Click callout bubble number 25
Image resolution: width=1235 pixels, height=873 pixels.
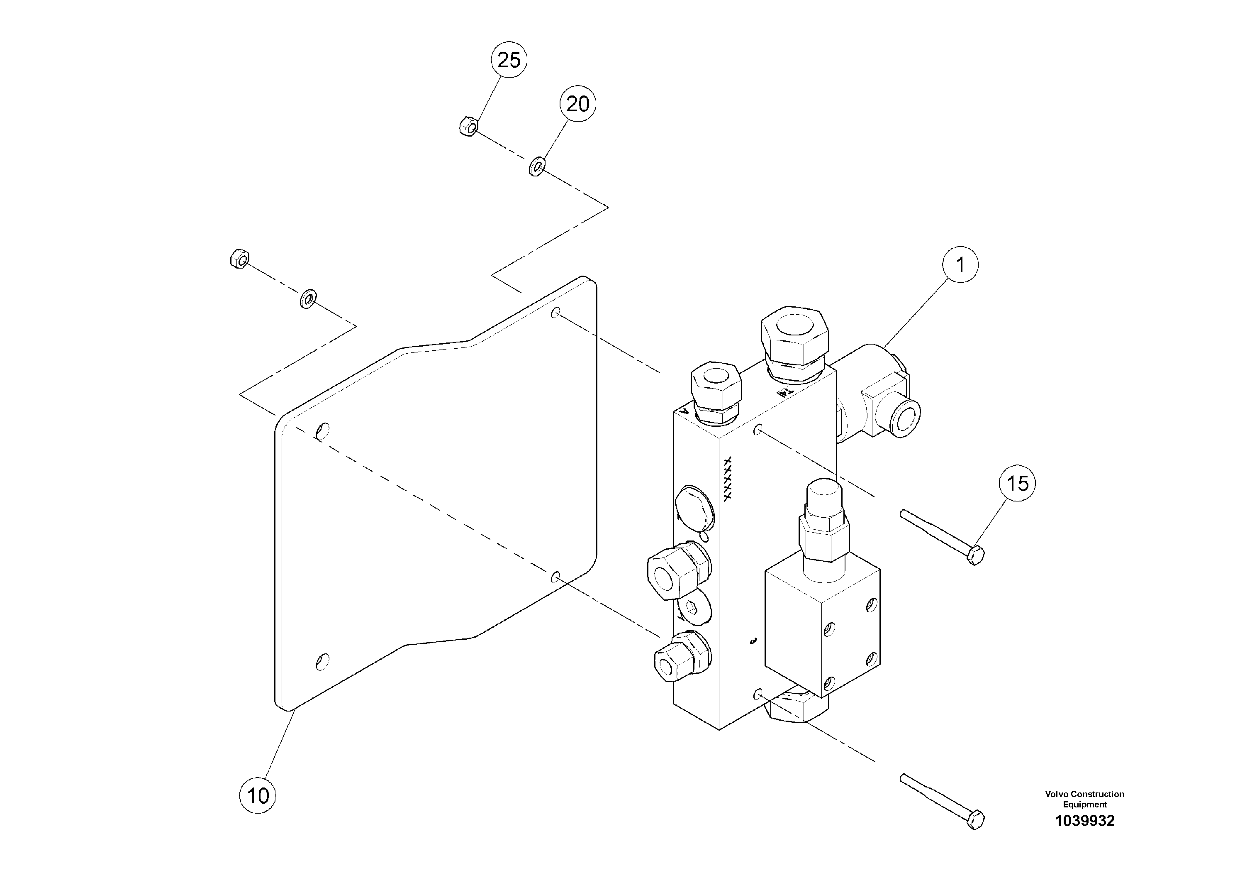click(508, 60)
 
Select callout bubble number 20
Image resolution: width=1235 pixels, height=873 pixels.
click(578, 103)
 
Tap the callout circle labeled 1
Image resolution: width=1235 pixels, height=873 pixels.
click(960, 264)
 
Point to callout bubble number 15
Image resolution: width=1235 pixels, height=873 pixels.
click(1017, 483)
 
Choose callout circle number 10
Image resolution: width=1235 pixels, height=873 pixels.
click(258, 795)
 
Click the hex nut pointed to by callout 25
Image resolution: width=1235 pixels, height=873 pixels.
click(468, 127)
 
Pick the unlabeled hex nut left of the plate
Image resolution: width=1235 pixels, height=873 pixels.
click(239, 259)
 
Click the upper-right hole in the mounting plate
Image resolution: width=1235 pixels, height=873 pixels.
click(556, 312)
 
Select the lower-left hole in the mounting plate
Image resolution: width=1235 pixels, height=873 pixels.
click(323, 661)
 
